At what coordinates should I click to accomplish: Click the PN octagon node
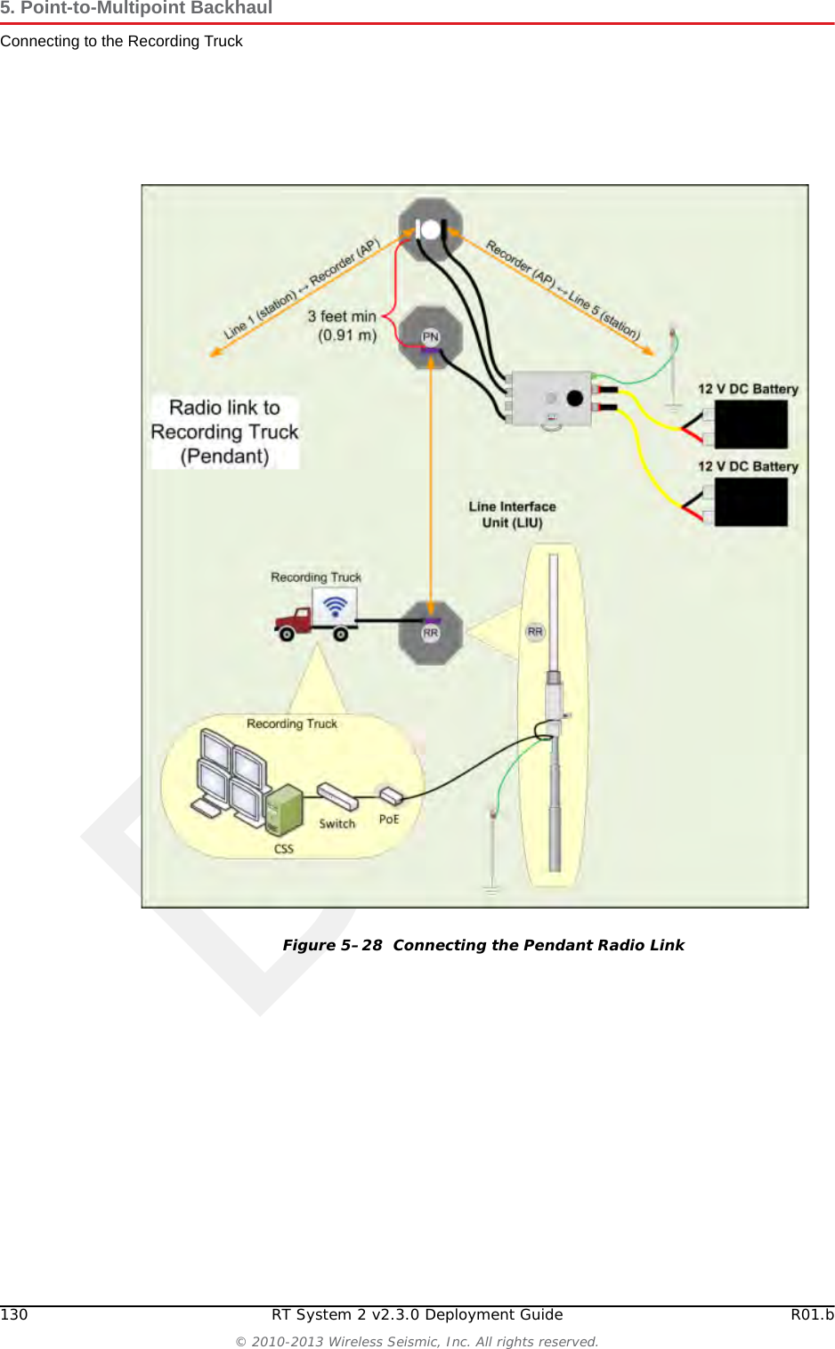[x=431, y=337]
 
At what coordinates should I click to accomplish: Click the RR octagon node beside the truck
[x=431, y=633]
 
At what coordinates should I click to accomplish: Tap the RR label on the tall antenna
[x=535, y=632]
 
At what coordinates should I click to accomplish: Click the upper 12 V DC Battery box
[x=750, y=424]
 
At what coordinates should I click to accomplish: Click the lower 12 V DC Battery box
[x=750, y=503]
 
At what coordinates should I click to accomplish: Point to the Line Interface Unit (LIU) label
[x=512, y=514]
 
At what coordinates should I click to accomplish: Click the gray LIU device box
[x=551, y=399]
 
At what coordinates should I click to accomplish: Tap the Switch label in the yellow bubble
[x=337, y=824]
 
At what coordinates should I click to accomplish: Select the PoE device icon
[x=391, y=795]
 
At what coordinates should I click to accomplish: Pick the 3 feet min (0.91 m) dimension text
[x=343, y=326]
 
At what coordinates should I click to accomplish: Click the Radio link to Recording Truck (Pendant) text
[x=224, y=432]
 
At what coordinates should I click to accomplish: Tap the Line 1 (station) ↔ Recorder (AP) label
[x=301, y=290]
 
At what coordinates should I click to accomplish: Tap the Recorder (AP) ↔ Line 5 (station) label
[x=563, y=289]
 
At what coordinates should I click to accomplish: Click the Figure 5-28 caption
[x=483, y=945]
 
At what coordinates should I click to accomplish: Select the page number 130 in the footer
[x=14, y=1314]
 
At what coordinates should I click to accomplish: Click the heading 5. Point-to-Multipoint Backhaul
[x=136, y=9]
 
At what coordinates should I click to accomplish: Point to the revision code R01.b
[x=812, y=1314]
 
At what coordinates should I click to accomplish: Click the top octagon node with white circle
[x=431, y=230]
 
